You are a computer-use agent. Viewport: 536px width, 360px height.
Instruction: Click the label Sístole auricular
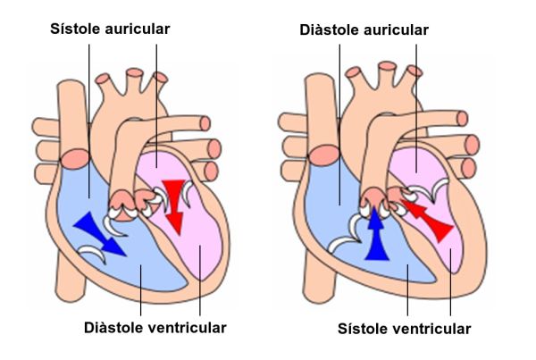click(110, 29)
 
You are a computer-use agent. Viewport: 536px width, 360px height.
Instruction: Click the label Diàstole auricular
click(364, 29)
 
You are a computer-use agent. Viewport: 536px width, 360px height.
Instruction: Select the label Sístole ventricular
click(404, 330)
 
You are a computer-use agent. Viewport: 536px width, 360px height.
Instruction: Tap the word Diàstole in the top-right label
click(331, 29)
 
